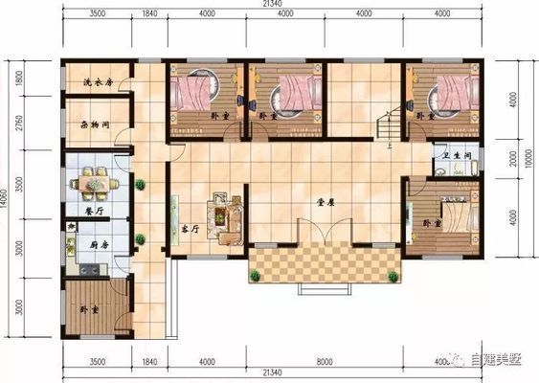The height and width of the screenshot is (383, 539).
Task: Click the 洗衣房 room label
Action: [98, 82]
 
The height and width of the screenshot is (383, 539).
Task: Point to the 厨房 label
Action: [100, 245]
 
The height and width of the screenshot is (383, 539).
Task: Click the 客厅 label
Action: [190, 231]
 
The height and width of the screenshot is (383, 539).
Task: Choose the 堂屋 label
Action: [326, 204]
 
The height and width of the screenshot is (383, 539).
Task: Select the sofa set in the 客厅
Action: [227, 218]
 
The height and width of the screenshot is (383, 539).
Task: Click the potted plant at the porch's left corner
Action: [255, 276]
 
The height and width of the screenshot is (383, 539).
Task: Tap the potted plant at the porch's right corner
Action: [392, 276]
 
